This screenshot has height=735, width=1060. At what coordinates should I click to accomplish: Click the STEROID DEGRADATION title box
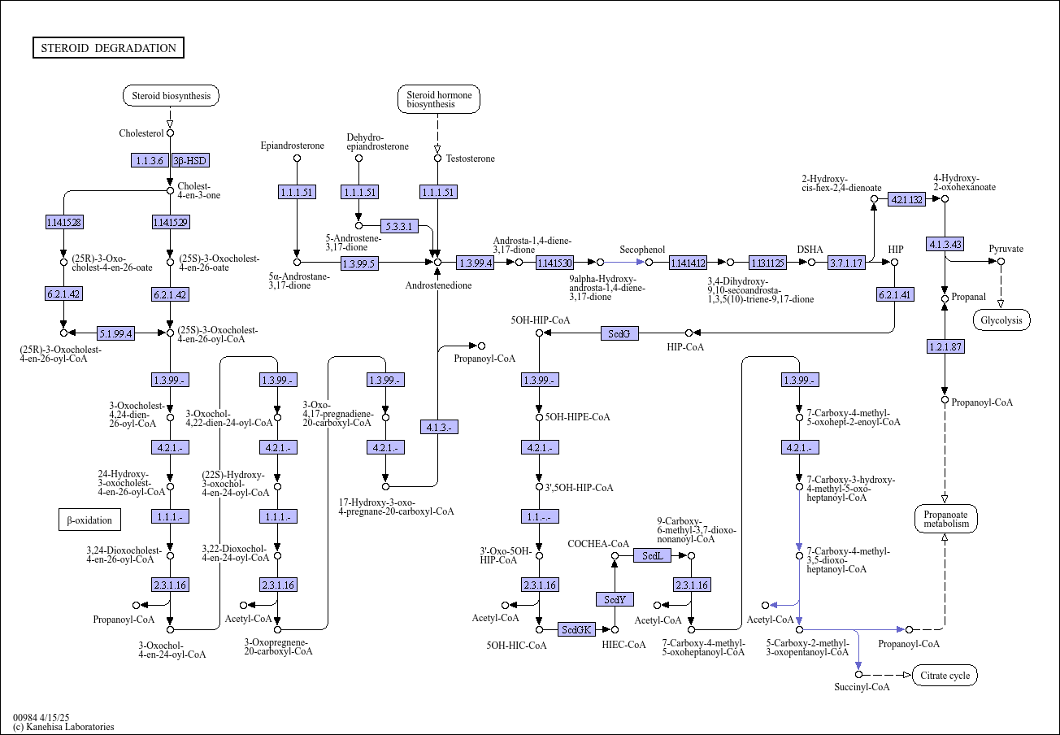[108, 47]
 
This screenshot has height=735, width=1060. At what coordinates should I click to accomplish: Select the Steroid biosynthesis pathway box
[171, 96]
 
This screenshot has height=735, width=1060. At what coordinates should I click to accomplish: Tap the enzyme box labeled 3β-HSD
[189, 160]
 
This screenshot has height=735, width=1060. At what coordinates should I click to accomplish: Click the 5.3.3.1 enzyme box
[399, 226]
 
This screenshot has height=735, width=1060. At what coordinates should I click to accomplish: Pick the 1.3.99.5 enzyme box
[359, 263]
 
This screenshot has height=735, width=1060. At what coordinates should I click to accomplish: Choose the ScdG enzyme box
[619, 333]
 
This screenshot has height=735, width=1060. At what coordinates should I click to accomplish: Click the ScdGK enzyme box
[576, 629]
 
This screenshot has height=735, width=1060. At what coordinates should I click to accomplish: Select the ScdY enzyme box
[615, 599]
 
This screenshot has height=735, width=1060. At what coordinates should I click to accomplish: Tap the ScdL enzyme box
[652, 555]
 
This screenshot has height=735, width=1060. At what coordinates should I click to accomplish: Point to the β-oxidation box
[89, 520]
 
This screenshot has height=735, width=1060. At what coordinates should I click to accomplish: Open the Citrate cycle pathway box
[945, 676]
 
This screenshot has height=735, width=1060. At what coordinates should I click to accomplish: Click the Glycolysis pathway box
[1001, 320]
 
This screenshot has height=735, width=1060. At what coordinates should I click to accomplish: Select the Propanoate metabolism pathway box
[946, 519]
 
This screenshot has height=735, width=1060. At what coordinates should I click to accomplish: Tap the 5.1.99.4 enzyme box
[116, 333]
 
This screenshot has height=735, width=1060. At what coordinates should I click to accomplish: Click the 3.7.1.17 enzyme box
[846, 263]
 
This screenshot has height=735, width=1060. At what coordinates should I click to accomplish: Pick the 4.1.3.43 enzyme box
[945, 244]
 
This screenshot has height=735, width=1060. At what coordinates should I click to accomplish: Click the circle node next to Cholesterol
[171, 133]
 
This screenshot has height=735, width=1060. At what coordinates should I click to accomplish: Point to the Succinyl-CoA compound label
[862, 687]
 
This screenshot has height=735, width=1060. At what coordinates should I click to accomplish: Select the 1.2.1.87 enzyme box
[945, 346]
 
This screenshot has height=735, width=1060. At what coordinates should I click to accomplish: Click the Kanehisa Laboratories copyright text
[63, 727]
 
